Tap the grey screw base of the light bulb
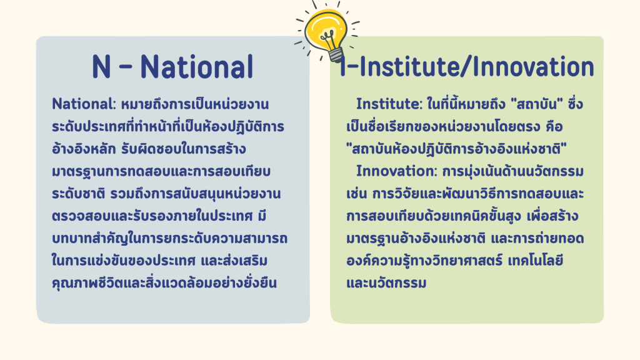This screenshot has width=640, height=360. (336, 55)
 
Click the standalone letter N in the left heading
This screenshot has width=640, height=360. (101, 66)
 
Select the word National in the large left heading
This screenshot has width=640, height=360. (197, 66)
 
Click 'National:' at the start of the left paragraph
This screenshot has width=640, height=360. (84, 104)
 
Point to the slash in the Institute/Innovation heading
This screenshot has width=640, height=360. (464, 66)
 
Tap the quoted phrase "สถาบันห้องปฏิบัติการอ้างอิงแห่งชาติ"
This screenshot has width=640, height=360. (456, 149)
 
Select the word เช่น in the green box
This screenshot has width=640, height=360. (357, 194)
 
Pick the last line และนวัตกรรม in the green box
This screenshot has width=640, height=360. (386, 283)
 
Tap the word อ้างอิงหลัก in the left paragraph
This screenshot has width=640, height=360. (84, 149)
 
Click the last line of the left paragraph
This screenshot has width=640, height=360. (164, 283)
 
